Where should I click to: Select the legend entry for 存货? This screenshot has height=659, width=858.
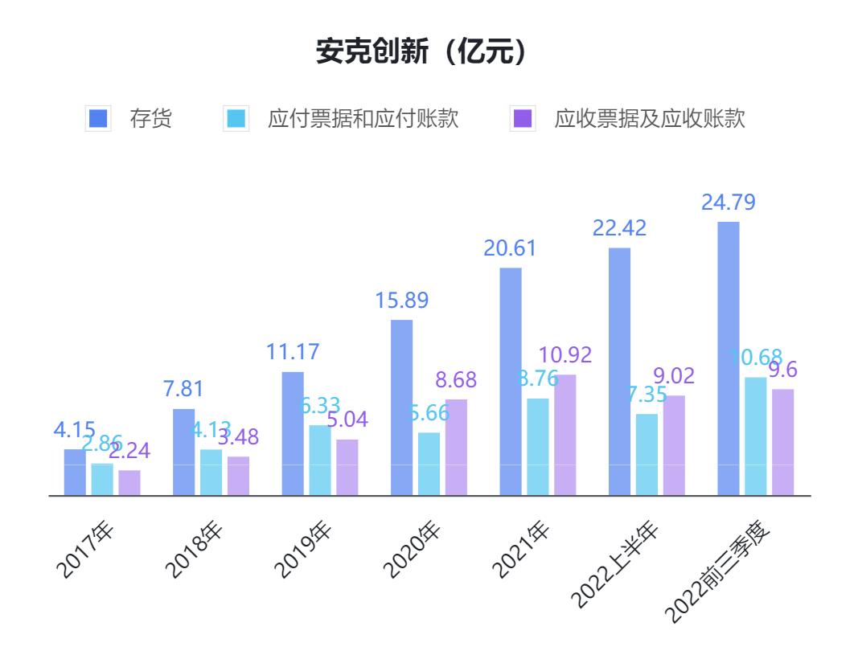click(x=129, y=119)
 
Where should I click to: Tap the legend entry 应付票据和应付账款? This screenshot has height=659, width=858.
click(x=341, y=119)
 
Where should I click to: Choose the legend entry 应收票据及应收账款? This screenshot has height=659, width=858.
click(x=628, y=119)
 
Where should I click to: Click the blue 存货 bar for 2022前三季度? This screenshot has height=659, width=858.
click(x=728, y=358)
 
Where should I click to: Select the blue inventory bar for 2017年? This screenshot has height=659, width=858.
click(x=75, y=472)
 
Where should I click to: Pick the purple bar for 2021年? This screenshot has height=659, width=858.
click(x=564, y=435)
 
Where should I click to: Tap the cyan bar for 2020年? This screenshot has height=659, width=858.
click(x=429, y=464)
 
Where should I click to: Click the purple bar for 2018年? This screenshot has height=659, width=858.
click(x=238, y=476)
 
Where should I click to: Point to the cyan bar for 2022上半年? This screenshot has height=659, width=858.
click(x=647, y=455)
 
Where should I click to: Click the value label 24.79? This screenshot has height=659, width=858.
click(x=728, y=203)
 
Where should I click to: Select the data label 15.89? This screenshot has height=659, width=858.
click(x=401, y=301)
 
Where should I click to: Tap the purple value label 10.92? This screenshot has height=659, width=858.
click(x=564, y=354)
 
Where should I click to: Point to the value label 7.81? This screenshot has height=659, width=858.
click(x=183, y=389)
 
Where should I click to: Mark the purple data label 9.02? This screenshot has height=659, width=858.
click(x=673, y=376)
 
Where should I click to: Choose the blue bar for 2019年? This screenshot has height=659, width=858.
click(x=293, y=433)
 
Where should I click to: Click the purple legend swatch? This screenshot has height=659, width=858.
click(x=523, y=119)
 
